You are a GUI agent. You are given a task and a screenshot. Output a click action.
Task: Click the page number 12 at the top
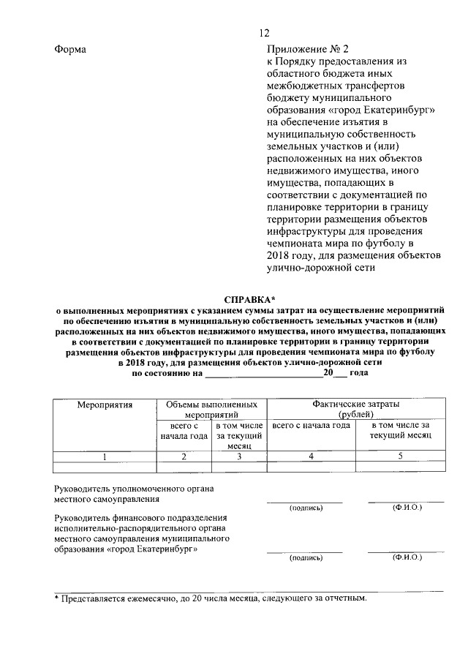pos(264,32)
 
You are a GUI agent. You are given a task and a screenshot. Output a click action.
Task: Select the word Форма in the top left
pos(70,49)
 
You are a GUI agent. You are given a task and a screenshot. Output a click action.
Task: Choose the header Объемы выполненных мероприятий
pos(211,409)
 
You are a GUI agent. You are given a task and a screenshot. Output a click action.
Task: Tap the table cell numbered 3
pos(238,457)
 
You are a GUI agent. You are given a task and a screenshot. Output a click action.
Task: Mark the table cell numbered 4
pos(311,457)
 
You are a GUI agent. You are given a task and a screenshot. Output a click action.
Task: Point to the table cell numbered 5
pos(400,457)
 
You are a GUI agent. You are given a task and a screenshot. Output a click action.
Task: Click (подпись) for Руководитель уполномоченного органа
pos(305,507)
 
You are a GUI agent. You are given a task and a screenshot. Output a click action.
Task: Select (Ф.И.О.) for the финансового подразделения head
pos(407,557)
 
